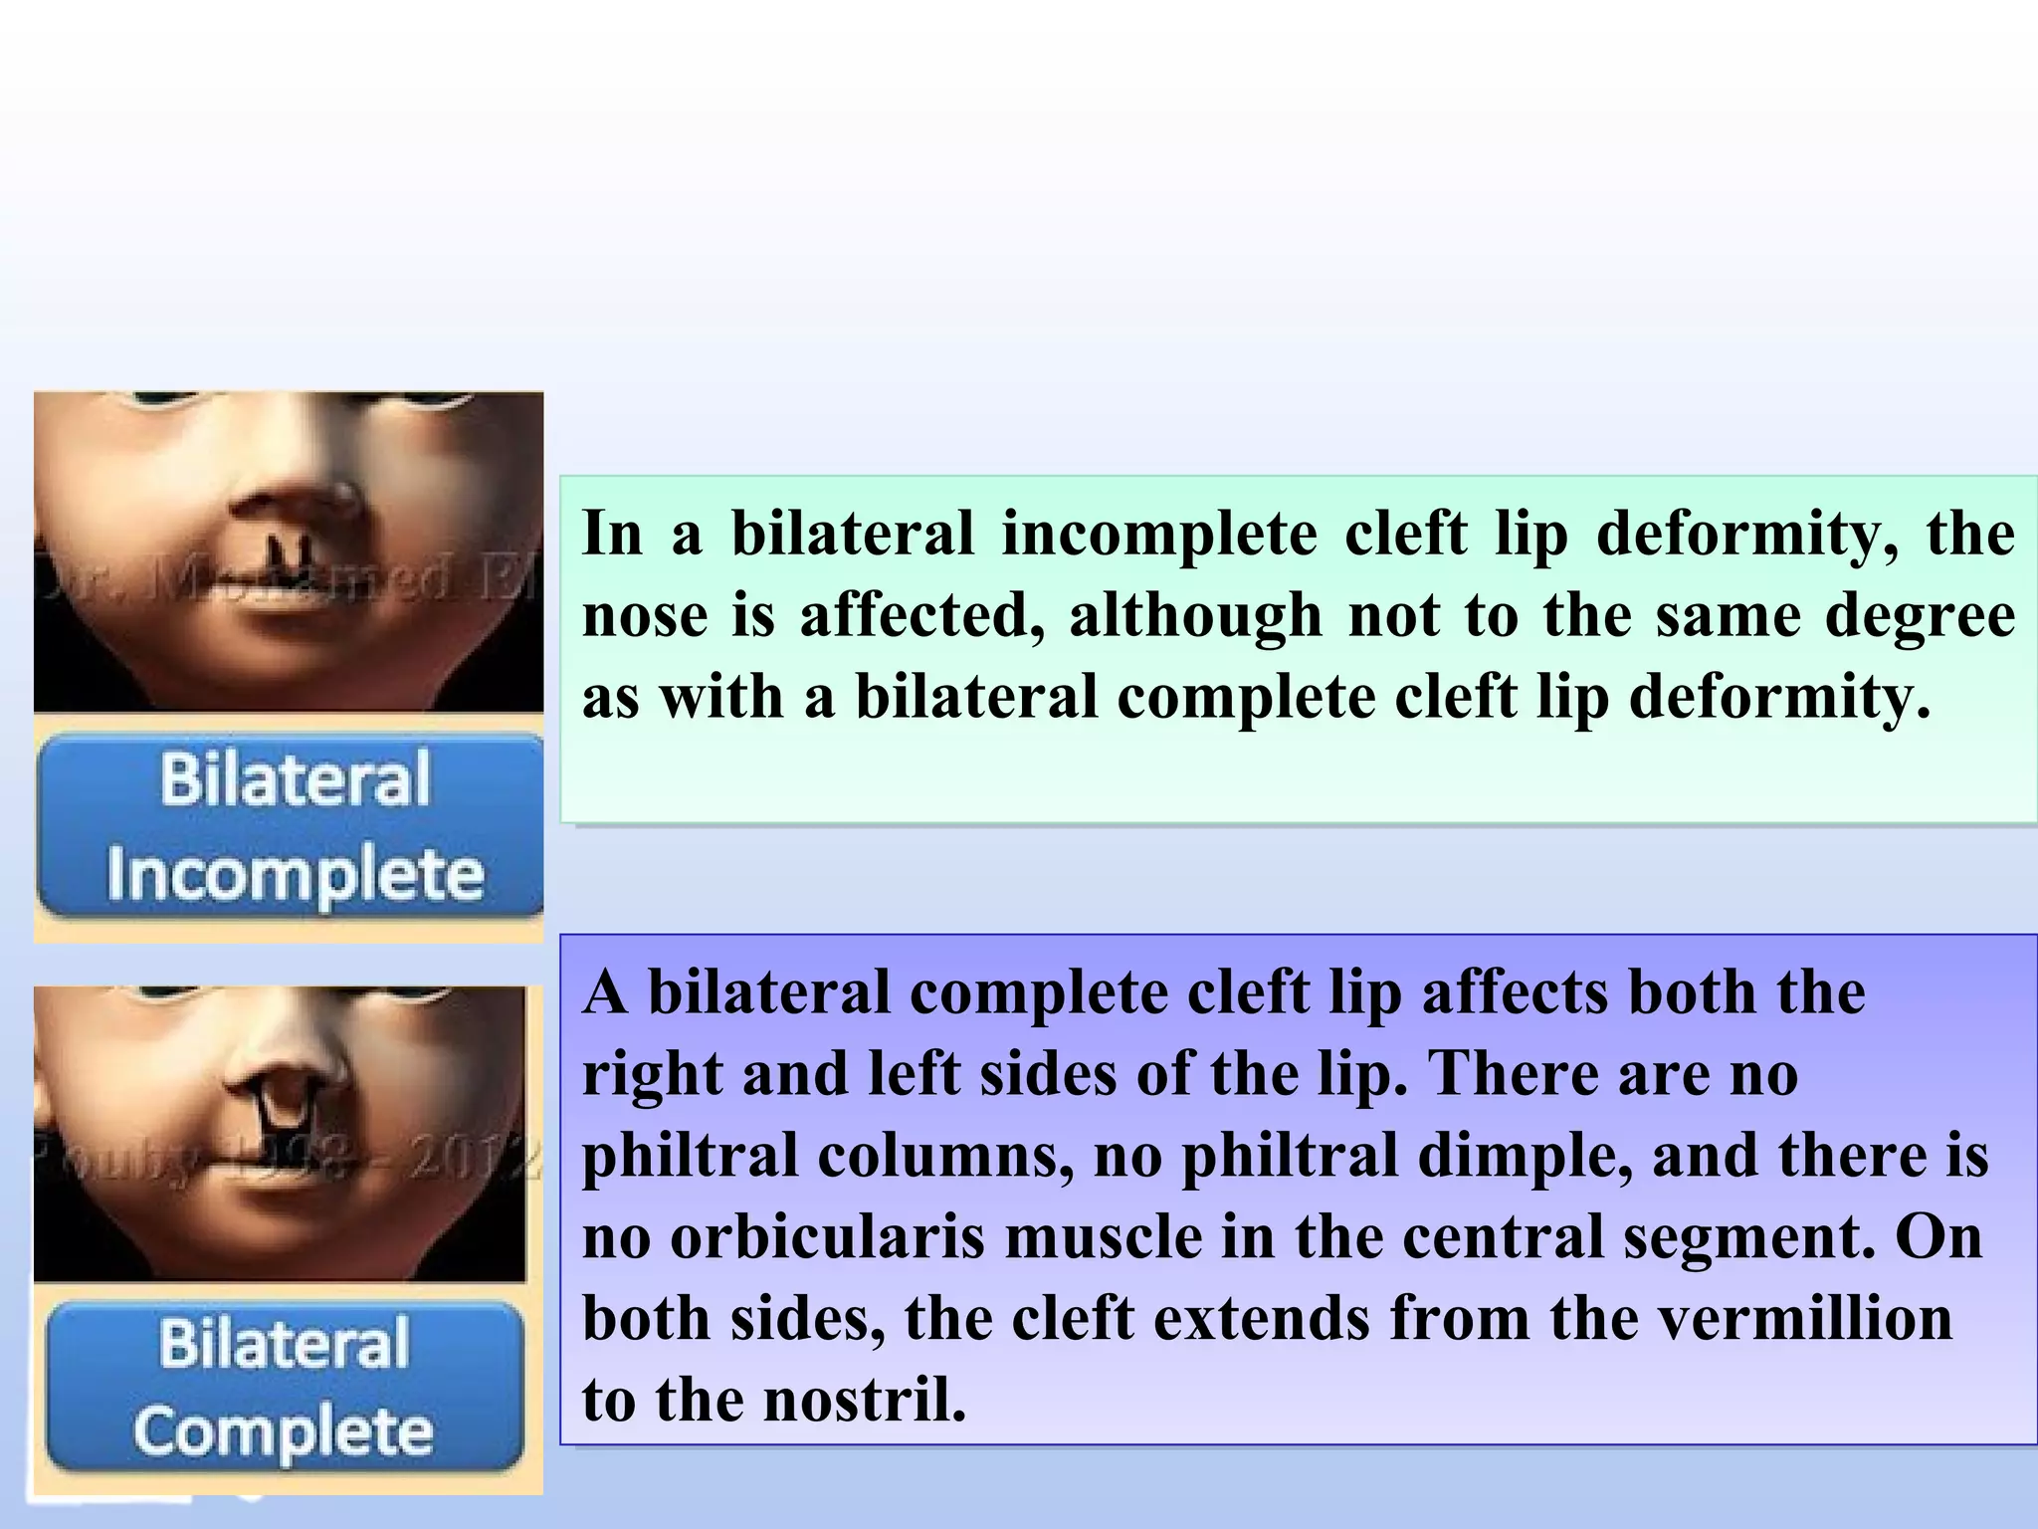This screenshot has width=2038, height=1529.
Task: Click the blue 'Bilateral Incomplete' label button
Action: tap(291, 825)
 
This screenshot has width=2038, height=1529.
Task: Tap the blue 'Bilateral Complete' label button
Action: tap(285, 1387)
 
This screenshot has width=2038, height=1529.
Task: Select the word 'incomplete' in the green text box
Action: tap(1158, 534)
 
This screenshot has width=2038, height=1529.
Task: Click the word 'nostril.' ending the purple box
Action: tap(865, 1400)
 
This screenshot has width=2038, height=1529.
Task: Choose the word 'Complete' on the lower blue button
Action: tap(284, 1431)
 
